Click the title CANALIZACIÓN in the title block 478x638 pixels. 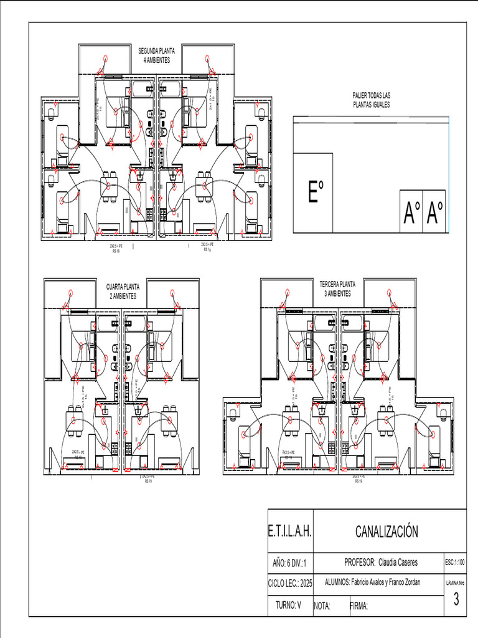(x=387, y=531)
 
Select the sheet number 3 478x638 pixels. (x=456, y=599)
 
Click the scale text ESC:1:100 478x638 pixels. (x=456, y=562)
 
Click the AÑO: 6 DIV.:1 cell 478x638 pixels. (x=289, y=563)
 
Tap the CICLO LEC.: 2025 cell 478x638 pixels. (x=289, y=583)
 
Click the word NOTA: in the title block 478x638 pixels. (x=322, y=606)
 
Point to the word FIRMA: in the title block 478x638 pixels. (x=360, y=606)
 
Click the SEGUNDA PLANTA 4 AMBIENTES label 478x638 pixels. (x=156, y=55)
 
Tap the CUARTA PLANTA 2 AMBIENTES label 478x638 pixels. (x=123, y=291)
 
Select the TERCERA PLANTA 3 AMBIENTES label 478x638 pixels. (x=337, y=288)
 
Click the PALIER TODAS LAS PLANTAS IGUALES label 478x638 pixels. (x=371, y=100)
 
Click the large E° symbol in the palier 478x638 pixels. (x=316, y=192)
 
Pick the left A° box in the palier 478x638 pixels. (x=411, y=212)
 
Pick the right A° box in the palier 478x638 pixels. (x=434, y=212)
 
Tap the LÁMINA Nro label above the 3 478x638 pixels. (x=456, y=583)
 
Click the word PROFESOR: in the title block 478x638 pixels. (x=359, y=562)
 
